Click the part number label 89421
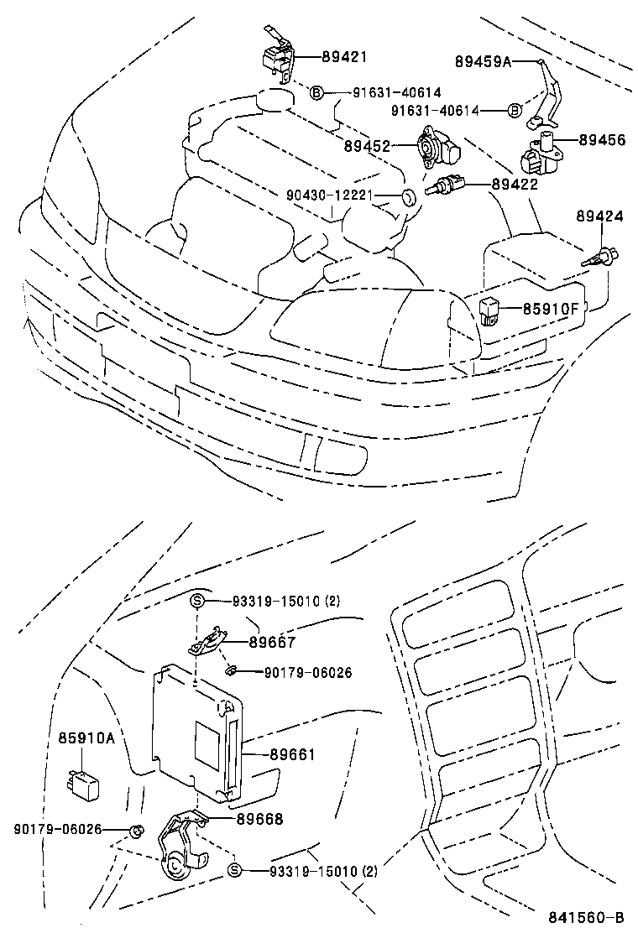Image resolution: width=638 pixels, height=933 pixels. pos(343,57)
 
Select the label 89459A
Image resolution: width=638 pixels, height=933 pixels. pos(483,61)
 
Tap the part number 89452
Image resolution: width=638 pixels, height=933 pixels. pos(367,146)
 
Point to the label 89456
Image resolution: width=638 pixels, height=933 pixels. pos(601,140)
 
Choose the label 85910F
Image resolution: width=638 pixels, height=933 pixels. pos(551,308)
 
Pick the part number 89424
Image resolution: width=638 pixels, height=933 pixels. pos(599,216)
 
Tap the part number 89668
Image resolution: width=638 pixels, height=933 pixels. pos(259,819)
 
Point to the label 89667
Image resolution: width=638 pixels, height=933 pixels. pos(271,642)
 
